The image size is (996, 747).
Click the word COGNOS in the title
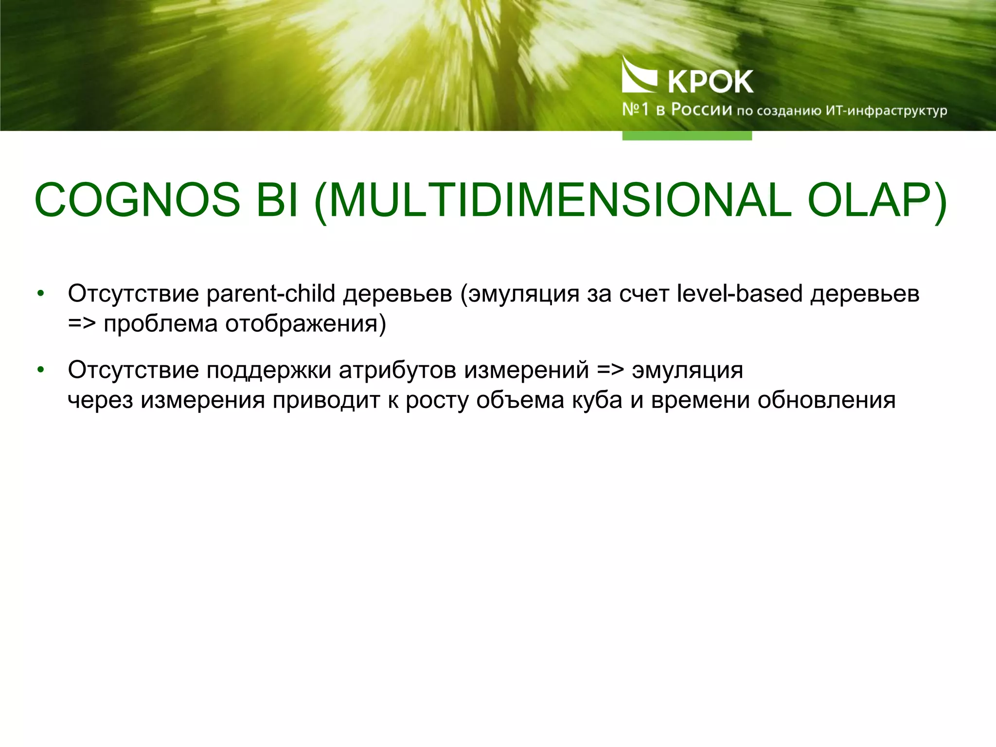point(137,200)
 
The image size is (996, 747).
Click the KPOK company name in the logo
point(711,81)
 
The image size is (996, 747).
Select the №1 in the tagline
point(635,109)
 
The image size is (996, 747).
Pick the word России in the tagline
point(701,110)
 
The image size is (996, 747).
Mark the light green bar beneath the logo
point(687,136)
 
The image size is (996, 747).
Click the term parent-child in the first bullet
point(271,294)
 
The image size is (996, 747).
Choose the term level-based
point(739,294)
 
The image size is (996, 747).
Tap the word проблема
point(160,324)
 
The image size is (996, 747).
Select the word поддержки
point(268,371)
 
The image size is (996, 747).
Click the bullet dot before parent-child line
point(41,294)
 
